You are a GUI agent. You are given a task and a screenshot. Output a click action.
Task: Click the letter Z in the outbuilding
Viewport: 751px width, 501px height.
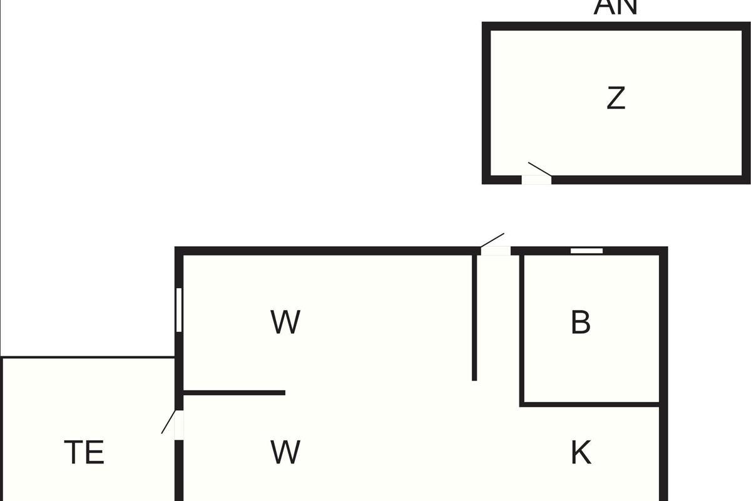pyautogui.click(x=616, y=98)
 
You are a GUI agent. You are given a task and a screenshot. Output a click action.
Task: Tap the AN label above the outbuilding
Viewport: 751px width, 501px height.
pyautogui.click(x=616, y=6)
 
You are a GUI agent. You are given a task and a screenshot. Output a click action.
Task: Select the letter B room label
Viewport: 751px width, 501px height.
pyautogui.click(x=581, y=323)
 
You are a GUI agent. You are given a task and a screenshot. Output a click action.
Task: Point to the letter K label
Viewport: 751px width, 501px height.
pyautogui.click(x=581, y=452)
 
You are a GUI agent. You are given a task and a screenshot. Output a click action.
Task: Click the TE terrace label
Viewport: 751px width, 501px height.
pyautogui.click(x=84, y=452)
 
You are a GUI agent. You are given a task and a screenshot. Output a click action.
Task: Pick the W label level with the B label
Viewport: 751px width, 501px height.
pyautogui.click(x=285, y=323)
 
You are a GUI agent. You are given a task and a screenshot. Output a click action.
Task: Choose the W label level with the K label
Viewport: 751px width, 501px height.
pyautogui.click(x=285, y=452)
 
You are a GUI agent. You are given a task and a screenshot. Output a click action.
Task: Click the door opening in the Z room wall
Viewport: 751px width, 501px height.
pyautogui.click(x=536, y=180)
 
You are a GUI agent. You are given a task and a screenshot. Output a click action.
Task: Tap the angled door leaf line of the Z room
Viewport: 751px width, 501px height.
pyautogui.click(x=539, y=168)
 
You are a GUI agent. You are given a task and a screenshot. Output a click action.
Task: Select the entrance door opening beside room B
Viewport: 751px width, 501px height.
pyautogui.click(x=496, y=251)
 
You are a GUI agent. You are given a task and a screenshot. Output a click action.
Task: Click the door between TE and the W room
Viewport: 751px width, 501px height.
pyautogui.click(x=179, y=425)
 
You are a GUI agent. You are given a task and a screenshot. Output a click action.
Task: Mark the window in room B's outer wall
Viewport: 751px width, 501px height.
pyautogui.click(x=586, y=250)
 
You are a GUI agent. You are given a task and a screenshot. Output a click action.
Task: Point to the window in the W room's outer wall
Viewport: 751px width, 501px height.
pyautogui.click(x=179, y=309)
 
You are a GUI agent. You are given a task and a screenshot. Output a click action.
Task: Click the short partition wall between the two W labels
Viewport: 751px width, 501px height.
pyautogui.click(x=234, y=393)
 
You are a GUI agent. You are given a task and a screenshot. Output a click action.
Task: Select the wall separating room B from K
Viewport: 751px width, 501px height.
pyautogui.click(x=590, y=405)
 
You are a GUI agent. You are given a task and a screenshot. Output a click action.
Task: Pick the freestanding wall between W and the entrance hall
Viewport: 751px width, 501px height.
pyautogui.click(x=474, y=316)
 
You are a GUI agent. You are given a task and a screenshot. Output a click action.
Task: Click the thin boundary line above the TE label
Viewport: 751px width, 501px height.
pyautogui.click(x=88, y=357)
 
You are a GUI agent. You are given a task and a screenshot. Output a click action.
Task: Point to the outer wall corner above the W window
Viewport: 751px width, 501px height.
pyautogui.click(x=179, y=251)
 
